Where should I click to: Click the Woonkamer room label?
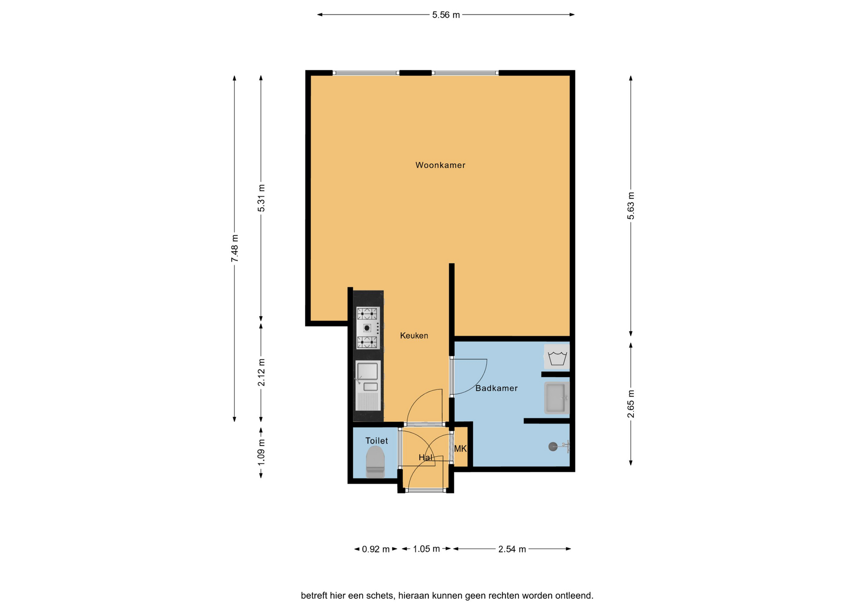[x=440, y=165]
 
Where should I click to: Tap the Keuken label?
[x=414, y=336]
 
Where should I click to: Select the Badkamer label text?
[x=496, y=388]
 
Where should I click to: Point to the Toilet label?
[x=377, y=441]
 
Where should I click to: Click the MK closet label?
[x=460, y=449]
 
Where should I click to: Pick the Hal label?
[x=425, y=458]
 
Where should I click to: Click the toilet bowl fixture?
[x=375, y=462]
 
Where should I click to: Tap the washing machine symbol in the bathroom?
[x=557, y=357]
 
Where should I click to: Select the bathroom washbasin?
[x=557, y=398]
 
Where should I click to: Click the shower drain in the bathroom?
[x=553, y=447]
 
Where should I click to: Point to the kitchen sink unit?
[x=368, y=386]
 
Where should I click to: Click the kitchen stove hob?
[x=368, y=328]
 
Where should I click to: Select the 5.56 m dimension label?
[x=446, y=15]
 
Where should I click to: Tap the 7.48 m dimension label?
[x=235, y=248]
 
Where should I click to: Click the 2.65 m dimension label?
[x=631, y=404]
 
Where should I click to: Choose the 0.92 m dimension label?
[x=376, y=549]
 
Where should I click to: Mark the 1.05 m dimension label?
[x=426, y=549]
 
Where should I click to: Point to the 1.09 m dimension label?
[x=261, y=452]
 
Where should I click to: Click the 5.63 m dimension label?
[x=631, y=206]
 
